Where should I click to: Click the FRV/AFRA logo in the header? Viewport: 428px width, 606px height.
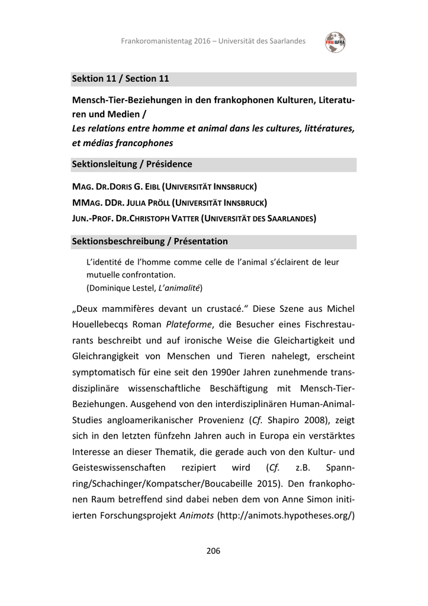336,41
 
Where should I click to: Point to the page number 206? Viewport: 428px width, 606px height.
213,551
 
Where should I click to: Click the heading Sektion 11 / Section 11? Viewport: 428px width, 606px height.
121,79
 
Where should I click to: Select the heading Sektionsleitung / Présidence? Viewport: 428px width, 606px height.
131,164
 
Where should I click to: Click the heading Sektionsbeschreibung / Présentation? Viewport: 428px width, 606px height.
149,241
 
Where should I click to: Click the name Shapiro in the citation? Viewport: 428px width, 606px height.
281,420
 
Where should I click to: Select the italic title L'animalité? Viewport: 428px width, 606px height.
179,288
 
